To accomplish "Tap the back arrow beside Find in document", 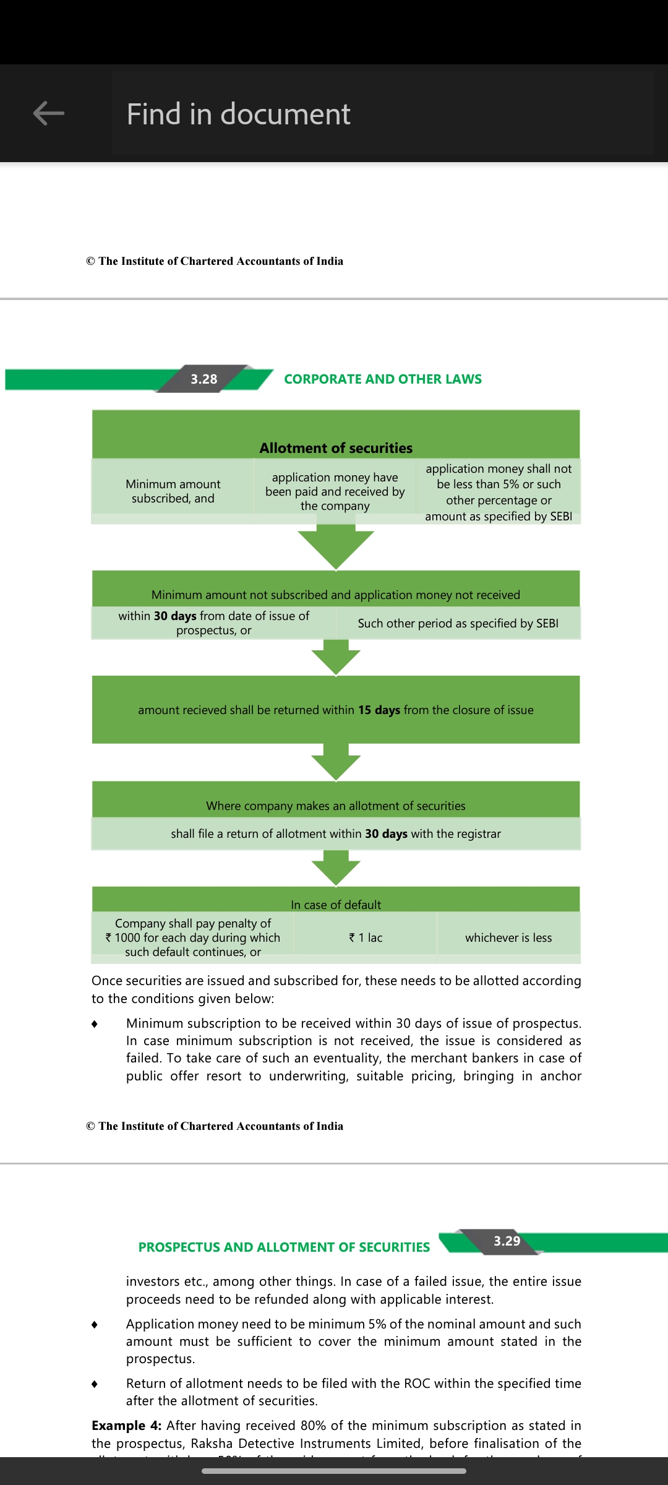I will [x=49, y=113].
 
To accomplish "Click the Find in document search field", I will [x=382, y=114].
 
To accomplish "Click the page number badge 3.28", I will [x=204, y=379].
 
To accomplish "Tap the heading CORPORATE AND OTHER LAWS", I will [x=382, y=379].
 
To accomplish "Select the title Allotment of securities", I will [x=336, y=448].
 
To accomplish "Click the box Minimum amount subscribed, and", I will [x=173, y=491].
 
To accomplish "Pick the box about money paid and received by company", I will [x=335, y=491].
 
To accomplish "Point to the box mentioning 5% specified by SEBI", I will [x=499, y=492].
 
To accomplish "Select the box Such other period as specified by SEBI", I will [x=458, y=623].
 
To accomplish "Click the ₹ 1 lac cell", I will [x=366, y=937].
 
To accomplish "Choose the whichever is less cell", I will [x=508, y=937].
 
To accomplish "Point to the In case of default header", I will [x=336, y=905].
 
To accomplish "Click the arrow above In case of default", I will [x=336, y=867].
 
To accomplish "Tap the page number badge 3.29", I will [x=507, y=1241].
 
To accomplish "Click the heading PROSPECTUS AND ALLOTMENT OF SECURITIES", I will [x=284, y=1247].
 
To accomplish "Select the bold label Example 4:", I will [x=127, y=1426].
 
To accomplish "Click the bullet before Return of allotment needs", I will [x=94, y=1384].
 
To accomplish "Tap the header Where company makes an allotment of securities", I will [x=336, y=806].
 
